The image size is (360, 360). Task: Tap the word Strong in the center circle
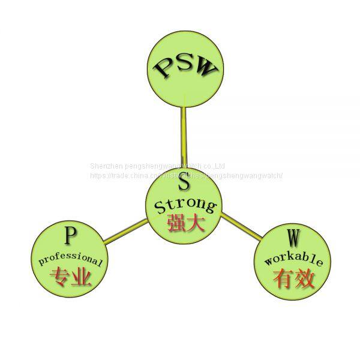(x=185, y=206)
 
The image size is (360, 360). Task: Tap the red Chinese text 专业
(x=71, y=277)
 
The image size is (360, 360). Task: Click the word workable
(x=293, y=260)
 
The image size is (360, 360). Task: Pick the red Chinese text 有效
(x=293, y=278)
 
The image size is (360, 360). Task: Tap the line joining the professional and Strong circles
(x=125, y=232)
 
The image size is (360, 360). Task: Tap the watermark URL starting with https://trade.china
(x=185, y=175)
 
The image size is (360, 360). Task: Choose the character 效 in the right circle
(x=304, y=278)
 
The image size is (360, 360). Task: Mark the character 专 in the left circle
(x=60, y=277)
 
